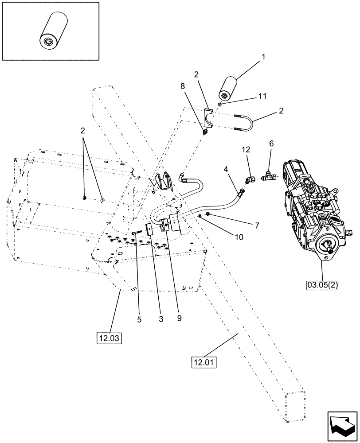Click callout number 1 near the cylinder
tap(263, 57)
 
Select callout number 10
tap(239, 237)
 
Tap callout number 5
tap(140, 319)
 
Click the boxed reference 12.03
tap(109, 339)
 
